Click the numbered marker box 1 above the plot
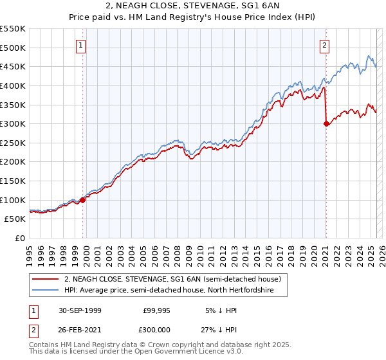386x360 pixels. [82, 45]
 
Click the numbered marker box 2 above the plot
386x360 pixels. [325, 45]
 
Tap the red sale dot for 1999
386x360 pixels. [83, 200]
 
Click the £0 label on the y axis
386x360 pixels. [21, 239]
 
